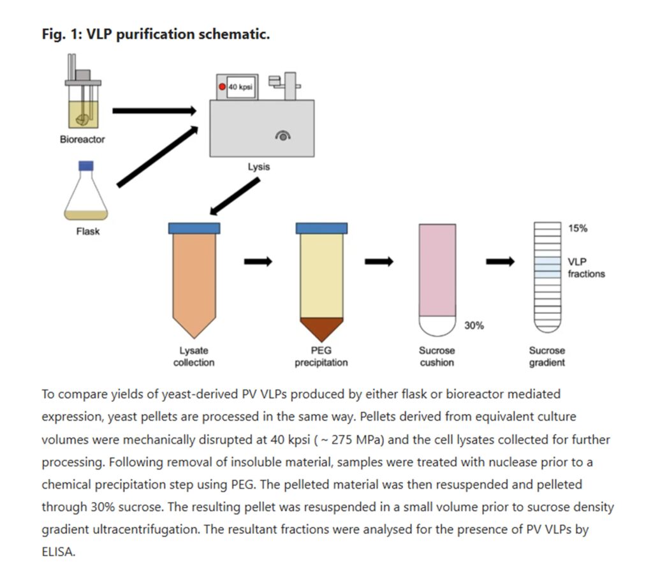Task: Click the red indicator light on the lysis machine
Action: tap(223, 87)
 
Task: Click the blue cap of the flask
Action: tap(86, 166)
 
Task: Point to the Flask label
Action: tap(88, 232)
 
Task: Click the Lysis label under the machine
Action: tap(259, 167)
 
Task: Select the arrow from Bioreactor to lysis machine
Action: tap(154, 110)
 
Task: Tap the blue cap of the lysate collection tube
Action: tap(194, 228)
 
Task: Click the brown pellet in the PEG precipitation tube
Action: tap(321, 328)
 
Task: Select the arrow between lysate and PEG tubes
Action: tap(258, 262)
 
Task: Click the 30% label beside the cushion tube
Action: tap(474, 325)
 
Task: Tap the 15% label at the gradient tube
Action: tap(578, 228)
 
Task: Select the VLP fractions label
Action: tap(586, 268)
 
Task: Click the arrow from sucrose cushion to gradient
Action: tap(500, 262)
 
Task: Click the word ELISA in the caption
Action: tap(58, 552)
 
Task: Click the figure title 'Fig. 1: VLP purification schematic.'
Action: tap(156, 34)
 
